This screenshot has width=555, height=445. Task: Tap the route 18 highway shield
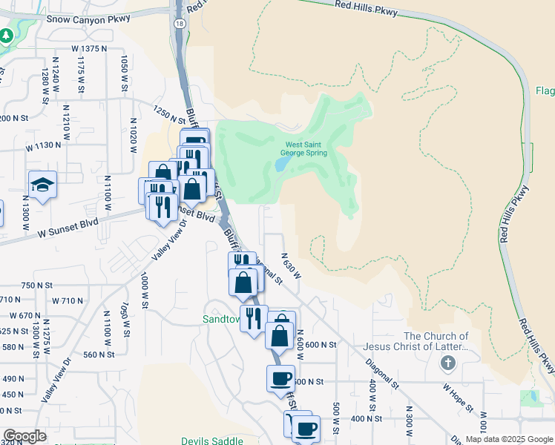[180, 24]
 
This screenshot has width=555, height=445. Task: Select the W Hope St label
[458, 397]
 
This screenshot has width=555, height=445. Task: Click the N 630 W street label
[290, 265]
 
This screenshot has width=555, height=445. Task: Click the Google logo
[24, 436]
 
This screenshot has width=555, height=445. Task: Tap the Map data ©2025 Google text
[509, 439]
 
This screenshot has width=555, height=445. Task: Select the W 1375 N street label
[89, 48]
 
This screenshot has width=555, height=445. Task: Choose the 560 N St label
[99, 355]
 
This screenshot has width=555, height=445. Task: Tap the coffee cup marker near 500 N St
[280, 378]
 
